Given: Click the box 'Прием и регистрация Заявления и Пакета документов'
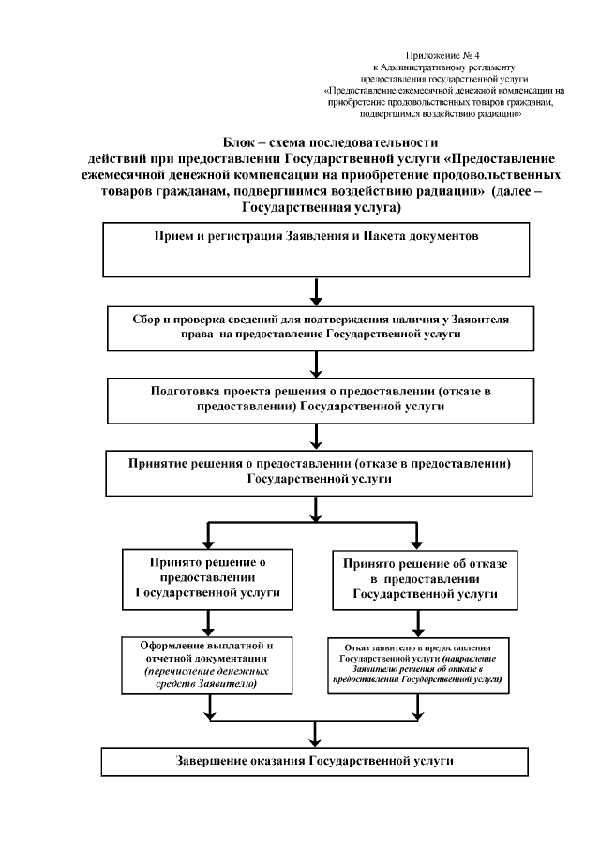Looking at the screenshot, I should [x=316, y=250].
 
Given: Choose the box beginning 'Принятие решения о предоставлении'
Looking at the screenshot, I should [x=316, y=470].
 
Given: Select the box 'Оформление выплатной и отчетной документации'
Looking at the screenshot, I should [x=207, y=665].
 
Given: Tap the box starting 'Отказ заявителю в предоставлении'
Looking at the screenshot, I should [x=418, y=665].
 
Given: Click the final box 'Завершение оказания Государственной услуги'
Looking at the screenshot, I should [x=316, y=760].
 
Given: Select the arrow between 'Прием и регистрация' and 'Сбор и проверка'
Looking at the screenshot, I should [x=316, y=291].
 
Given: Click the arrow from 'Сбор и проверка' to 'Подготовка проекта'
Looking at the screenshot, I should [x=316, y=364].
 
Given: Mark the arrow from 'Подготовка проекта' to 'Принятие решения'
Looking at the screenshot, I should [x=316, y=436].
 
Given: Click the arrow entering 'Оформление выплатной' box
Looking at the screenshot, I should [x=207, y=623].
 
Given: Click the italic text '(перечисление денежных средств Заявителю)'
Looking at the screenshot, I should [x=207, y=679].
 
